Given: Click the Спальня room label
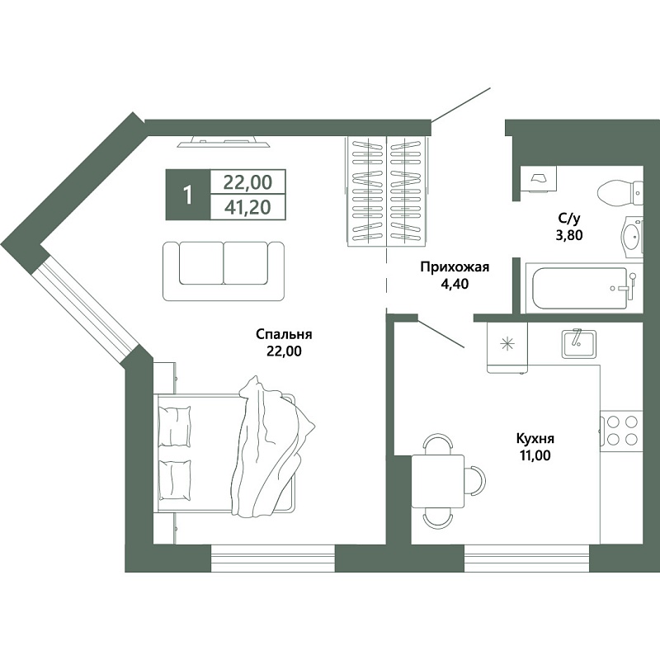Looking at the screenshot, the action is pos(284,335).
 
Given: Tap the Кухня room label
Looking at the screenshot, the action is pos(535,439).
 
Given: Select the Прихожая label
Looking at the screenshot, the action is pos(455,266).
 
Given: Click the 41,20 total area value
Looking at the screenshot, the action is pos(247,207).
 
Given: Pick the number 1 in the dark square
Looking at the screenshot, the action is pos(188,196).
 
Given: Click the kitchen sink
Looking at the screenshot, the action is pos(579,343).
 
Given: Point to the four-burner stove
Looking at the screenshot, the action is pos(621,430).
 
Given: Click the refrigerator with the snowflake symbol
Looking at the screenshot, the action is pos(507,347).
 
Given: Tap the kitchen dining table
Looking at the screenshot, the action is pos(438,481).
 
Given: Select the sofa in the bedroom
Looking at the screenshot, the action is pos(224,271).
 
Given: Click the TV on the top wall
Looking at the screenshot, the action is pos(223,141).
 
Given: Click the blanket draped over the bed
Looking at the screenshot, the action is pos(273,447).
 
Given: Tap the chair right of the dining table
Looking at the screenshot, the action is pos(476,481).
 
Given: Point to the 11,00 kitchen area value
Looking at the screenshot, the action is pos(535,455).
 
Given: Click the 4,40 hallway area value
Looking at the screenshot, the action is pos(455,284).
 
